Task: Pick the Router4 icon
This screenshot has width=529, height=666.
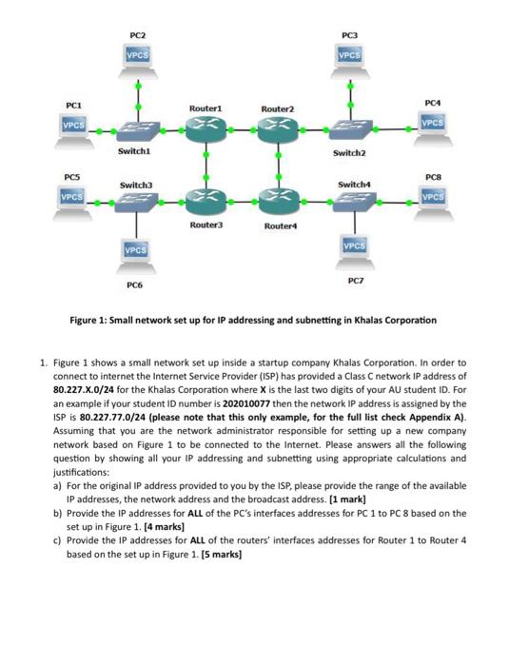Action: [278, 201]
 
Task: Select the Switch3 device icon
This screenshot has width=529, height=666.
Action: [139, 201]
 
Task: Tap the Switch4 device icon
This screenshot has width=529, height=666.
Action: [350, 201]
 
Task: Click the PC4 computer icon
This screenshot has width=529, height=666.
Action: [433, 127]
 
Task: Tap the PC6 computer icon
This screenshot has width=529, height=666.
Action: [139, 253]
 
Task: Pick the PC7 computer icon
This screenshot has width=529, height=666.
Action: [350, 250]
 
